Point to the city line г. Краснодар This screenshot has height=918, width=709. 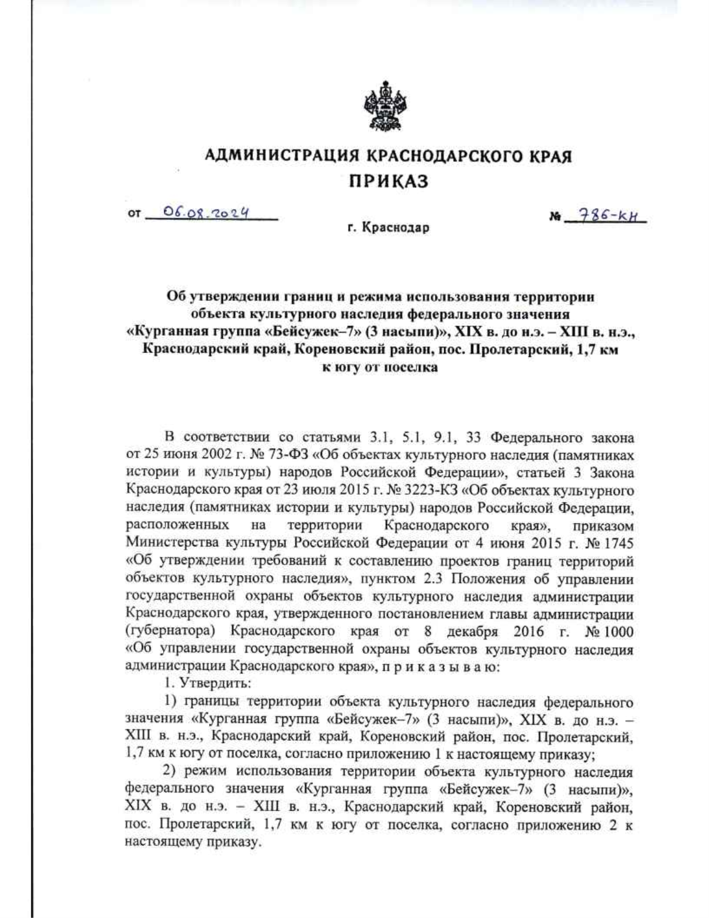coord(388,228)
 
